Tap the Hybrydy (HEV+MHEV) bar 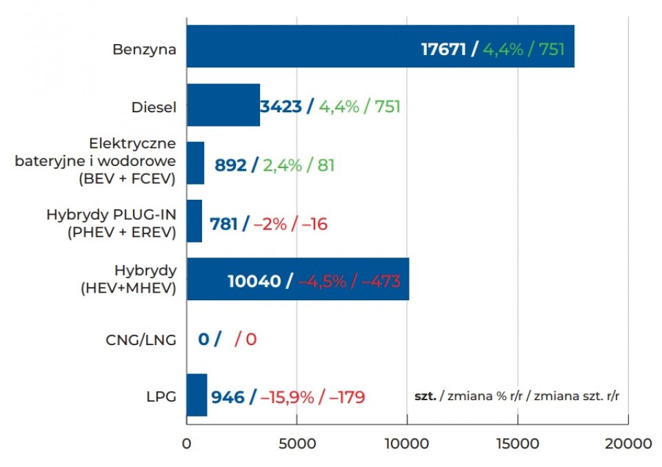(x=207, y=280)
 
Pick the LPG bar (x=197, y=395)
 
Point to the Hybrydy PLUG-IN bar (x=194, y=221)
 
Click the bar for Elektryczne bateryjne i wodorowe (x=196, y=163)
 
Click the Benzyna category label (x=145, y=50)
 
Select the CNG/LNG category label (x=141, y=340)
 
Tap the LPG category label (x=161, y=397)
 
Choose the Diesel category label (x=154, y=107)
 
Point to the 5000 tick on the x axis (x=297, y=444)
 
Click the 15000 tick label (x=517, y=444)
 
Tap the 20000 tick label (x=628, y=444)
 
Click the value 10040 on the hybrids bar (x=254, y=282)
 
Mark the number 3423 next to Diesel (x=281, y=107)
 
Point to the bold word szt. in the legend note (x=425, y=397)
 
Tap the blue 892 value (x=230, y=165)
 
